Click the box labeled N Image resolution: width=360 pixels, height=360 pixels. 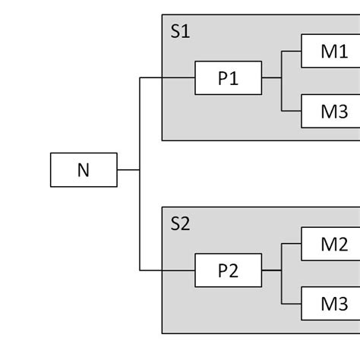(84, 170)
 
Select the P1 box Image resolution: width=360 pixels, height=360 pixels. (228, 77)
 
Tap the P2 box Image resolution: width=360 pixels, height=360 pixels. (228, 270)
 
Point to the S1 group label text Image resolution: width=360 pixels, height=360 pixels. (181, 32)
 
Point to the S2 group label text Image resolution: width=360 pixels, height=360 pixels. (181, 224)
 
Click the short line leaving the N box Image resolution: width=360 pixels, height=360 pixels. (128, 170)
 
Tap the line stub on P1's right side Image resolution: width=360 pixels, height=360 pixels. (271, 77)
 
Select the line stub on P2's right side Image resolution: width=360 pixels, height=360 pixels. (271, 270)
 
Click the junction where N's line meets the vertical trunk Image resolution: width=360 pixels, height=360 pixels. (140, 170)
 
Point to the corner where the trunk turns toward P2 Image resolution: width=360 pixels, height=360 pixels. (140, 270)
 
